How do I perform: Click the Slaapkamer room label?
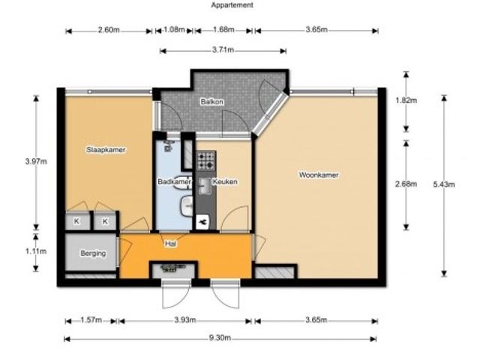(106, 150)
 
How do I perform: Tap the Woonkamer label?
(319, 175)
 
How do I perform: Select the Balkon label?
(211, 101)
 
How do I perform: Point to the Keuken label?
(225, 181)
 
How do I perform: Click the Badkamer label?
(174, 181)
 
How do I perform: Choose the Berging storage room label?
(93, 253)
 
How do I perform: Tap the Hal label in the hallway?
(170, 244)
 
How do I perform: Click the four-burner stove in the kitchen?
(206, 160)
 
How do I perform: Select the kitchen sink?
(205, 186)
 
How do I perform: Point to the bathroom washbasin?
(186, 205)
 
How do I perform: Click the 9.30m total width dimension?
(220, 338)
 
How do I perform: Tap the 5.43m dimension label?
(444, 184)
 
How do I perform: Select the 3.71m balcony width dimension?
(223, 49)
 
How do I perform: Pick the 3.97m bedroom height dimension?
(36, 161)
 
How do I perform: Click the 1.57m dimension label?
(91, 320)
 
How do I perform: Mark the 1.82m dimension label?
(406, 100)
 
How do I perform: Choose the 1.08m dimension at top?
(174, 30)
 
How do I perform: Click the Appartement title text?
(232, 5)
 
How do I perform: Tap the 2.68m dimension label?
(406, 184)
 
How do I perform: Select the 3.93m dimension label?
(185, 320)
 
